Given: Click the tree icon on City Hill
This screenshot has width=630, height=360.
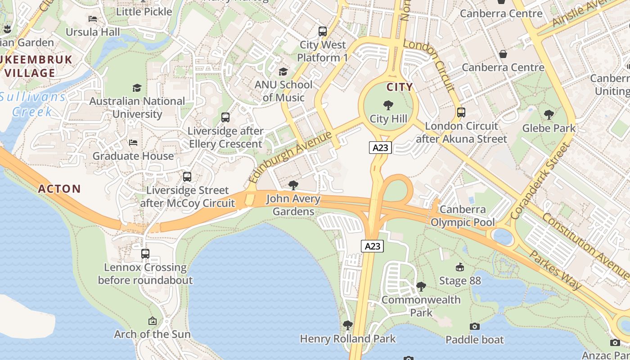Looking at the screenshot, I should (x=388, y=106).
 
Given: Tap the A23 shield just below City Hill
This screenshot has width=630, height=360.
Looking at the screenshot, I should (x=380, y=148).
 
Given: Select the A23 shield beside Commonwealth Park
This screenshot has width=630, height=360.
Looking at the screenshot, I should (x=372, y=246).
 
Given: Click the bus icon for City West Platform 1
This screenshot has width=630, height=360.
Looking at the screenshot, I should (x=322, y=31).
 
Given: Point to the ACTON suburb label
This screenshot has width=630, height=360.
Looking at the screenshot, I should (x=59, y=189).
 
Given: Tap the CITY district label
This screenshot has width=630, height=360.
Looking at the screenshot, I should (x=400, y=87).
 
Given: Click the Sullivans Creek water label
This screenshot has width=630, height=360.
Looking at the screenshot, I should (x=32, y=104).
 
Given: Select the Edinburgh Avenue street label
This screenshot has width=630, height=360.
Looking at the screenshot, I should (x=290, y=157).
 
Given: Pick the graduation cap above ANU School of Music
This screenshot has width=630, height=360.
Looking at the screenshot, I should (x=283, y=72).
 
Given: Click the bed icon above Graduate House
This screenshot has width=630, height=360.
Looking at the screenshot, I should (x=133, y=143).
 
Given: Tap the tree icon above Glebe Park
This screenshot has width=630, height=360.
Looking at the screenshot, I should (x=549, y=115).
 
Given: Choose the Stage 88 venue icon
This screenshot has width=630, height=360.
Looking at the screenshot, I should (x=460, y=268).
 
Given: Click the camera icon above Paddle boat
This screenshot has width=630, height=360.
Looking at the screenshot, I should (x=474, y=326).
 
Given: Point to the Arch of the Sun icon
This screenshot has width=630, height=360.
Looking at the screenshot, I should (x=153, y=321).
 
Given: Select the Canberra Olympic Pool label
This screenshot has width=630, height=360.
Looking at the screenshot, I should (x=463, y=216).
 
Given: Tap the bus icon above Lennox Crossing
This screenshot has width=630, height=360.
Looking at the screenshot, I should (x=145, y=254).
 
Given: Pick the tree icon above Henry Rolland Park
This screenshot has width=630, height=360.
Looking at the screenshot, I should (x=347, y=325).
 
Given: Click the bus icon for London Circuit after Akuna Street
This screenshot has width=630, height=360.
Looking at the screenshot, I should (x=461, y=112).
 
